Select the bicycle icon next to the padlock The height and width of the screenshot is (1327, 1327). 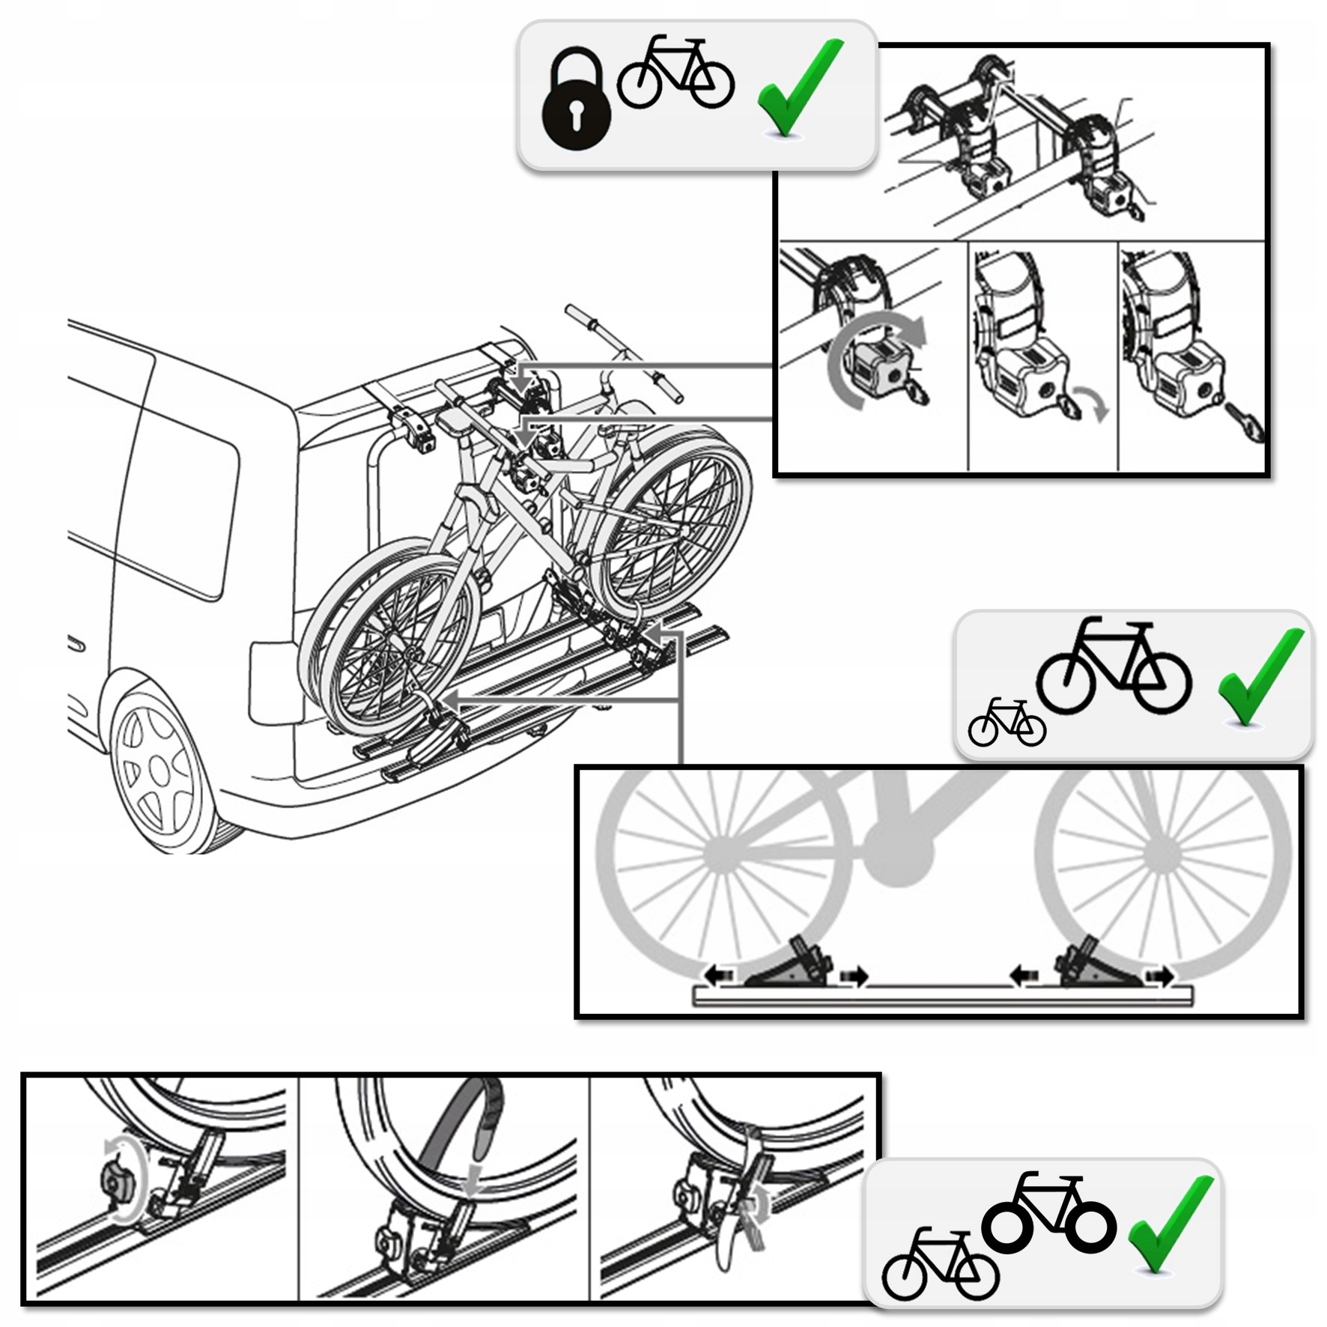674,73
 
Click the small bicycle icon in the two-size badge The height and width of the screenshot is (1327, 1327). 1006,723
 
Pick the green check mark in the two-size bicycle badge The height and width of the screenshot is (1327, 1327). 1260,677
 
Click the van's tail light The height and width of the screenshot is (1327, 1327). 274,682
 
